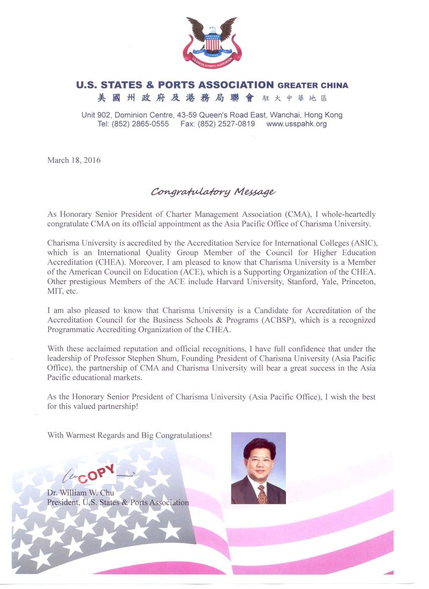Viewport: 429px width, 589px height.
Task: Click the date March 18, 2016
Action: pos(74,160)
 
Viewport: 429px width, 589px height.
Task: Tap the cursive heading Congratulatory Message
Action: pos(213,191)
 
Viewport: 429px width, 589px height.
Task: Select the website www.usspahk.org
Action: pos(296,124)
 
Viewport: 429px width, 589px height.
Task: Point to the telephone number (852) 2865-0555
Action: pos(140,124)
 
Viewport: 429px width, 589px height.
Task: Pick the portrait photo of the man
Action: pos(258,468)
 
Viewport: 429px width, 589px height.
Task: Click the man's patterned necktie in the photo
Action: pos(262,494)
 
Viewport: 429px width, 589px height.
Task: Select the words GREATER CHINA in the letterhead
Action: pos(313,85)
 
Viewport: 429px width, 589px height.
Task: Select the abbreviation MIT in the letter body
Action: pos(55,291)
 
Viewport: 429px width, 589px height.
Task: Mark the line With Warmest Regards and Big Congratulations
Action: pos(130,435)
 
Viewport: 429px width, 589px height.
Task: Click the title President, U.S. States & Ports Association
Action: pos(118,503)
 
